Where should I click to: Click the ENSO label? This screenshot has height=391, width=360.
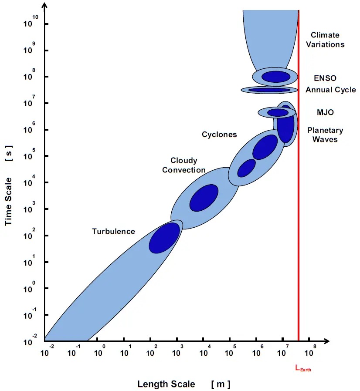click(325, 78)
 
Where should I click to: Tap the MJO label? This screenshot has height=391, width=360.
click(325, 112)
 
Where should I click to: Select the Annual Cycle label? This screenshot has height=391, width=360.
click(330, 90)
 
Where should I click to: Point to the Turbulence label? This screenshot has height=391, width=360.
click(113, 232)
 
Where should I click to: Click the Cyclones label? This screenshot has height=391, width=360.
click(219, 135)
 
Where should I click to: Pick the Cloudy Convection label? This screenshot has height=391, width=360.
click(184, 165)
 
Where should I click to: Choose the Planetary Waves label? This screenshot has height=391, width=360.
click(325, 135)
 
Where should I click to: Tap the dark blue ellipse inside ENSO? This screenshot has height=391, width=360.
click(275, 77)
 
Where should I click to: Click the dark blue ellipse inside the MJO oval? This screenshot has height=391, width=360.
click(278, 113)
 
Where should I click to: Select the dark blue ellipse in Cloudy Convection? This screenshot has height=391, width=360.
click(204, 198)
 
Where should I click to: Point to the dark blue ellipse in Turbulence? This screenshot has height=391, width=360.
click(164, 238)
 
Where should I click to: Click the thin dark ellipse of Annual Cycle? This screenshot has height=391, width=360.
click(269, 90)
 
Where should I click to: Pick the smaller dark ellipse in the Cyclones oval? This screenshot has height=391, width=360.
click(246, 168)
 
